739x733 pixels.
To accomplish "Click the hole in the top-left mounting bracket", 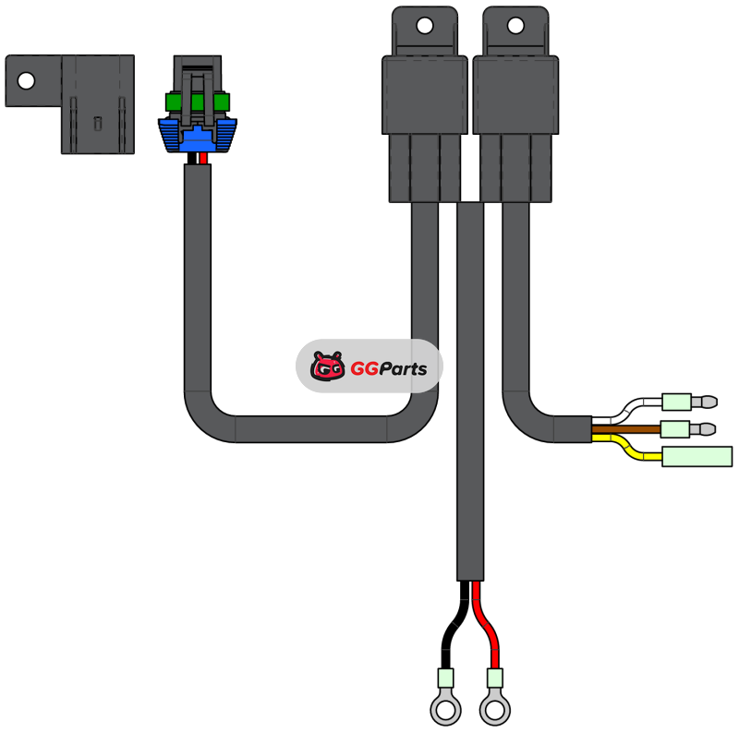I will point(26,80).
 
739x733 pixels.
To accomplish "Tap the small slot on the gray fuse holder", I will point(98,122).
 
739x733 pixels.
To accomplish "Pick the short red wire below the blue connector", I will point(203,159).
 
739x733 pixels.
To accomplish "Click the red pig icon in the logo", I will point(327,367).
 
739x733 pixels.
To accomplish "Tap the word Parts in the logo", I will point(400,369).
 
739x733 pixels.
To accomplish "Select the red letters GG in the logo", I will point(360,369).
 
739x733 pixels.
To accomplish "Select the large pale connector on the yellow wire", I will point(697,456).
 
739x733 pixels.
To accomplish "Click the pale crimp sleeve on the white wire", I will point(676,402).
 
